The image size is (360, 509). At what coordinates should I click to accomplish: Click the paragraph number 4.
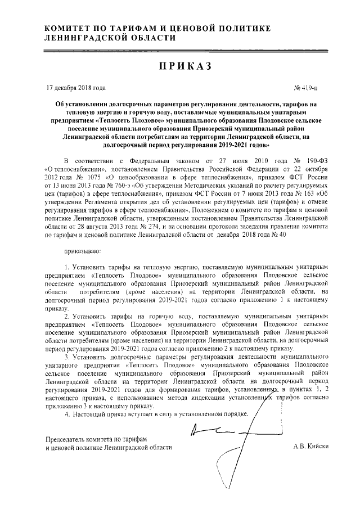pos(67,413)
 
